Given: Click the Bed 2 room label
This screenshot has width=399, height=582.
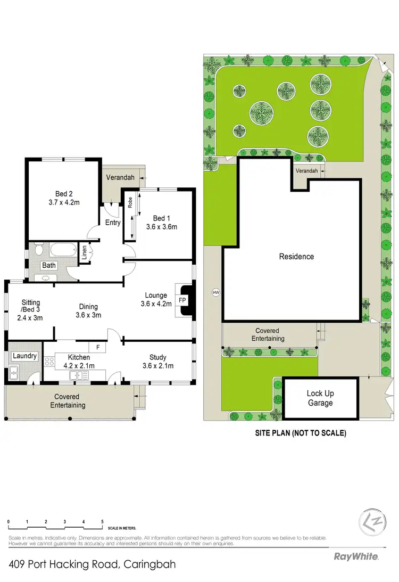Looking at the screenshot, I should point(63,198).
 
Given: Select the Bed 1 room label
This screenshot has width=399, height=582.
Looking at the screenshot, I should point(161,222).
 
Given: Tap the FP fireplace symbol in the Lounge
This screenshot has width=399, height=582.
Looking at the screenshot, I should point(182,300).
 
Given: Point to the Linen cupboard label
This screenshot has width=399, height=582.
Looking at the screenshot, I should point(84,253).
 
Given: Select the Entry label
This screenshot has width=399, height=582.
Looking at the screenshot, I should point(113,223).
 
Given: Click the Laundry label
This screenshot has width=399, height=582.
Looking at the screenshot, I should point(25,356).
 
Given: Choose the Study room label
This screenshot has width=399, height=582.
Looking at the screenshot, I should point(158,361).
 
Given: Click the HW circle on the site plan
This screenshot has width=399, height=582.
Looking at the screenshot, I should point(215,292).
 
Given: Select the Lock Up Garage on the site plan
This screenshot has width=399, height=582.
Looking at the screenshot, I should point(320,398).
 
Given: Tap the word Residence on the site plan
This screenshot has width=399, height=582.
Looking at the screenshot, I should point(296,257).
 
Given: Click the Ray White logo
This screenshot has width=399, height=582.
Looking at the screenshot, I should point(355,556).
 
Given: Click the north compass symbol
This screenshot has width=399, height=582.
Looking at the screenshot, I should point(368,520).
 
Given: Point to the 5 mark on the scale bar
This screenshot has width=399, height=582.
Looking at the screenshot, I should point(102,521).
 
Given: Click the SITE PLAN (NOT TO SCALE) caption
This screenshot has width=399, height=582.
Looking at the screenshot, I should point(301,433).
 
